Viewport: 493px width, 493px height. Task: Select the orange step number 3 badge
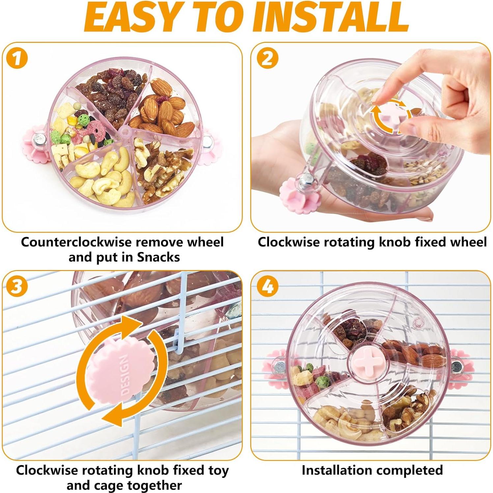point(16,286)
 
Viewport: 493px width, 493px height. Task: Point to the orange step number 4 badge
point(267,286)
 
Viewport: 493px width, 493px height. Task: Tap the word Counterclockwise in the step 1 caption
point(77,242)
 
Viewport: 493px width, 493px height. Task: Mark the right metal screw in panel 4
point(456,366)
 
